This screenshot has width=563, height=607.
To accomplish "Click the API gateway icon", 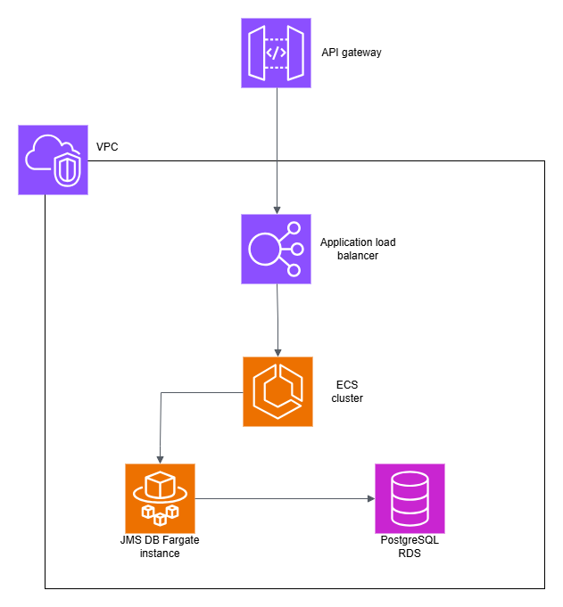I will click(x=277, y=53).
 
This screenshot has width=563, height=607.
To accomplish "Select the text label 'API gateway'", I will click(x=352, y=53).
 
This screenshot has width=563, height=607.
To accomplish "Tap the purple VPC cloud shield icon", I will click(x=54, y=160).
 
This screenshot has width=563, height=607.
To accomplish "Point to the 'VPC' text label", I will click(x=107, y=145).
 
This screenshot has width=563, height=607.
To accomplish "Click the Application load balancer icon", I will click(x=277, y=249).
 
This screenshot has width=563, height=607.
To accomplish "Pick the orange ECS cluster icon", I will click(x=278, y=391).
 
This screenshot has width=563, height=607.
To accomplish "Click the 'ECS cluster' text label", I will click(x=347, y=391).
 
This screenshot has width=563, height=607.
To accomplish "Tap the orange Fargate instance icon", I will click(x=161, y=497).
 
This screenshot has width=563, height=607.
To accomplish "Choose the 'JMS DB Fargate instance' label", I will click(x=161, y=547).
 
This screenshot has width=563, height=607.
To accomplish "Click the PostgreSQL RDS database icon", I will click(x=410, y=498).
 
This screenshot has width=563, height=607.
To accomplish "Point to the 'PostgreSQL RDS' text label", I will click(x=410, y=547).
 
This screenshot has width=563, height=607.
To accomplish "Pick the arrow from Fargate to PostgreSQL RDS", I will click(x=286, y=498).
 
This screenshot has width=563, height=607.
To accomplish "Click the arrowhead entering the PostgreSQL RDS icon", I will click(x=369, y=498).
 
